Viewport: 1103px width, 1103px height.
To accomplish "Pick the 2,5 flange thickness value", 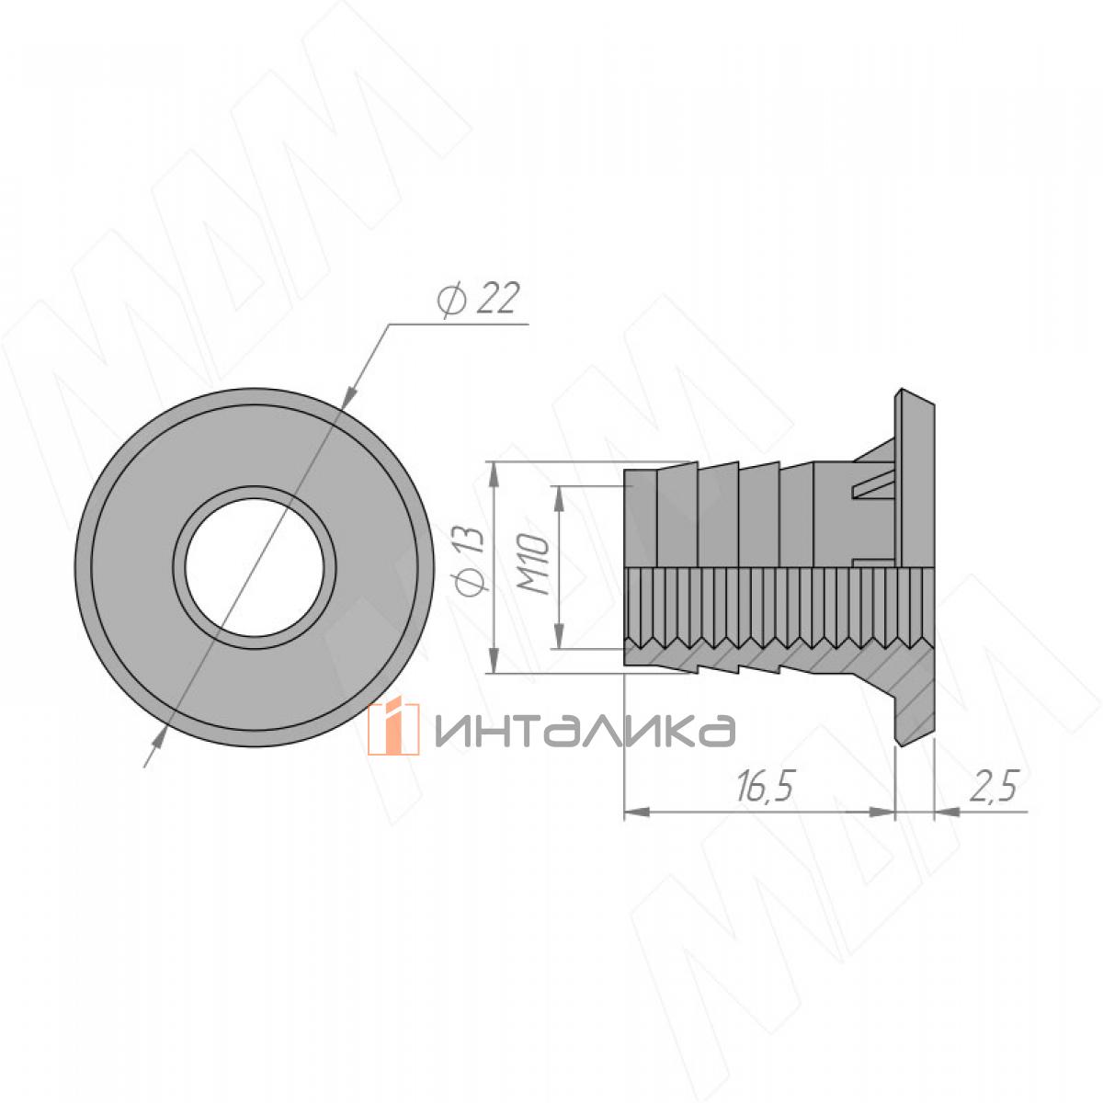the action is click(x=993, y=787).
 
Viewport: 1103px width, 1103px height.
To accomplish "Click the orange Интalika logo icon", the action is click(x=393, y=729).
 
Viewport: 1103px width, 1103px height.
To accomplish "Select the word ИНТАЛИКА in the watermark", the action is click(x=584, y=732).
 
